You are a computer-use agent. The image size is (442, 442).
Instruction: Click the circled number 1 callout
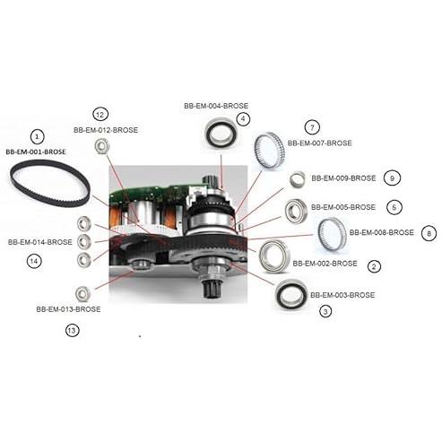click(37, 137)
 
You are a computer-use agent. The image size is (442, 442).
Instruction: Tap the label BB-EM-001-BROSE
click(36, 152)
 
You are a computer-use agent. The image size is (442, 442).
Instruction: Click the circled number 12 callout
click(100, 115)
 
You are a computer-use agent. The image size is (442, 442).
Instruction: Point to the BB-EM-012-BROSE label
click(106, 130)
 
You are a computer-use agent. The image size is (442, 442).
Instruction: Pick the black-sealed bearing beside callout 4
click(221, 134)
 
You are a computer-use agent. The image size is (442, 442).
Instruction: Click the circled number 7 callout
click(312, 127)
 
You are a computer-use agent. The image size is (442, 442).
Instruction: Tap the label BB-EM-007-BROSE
click(319, 143)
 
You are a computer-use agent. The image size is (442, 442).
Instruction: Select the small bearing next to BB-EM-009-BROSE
click(298, 178)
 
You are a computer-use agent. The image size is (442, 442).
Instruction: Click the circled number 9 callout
click(392, 178)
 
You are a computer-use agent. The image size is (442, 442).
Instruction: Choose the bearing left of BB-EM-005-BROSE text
click(296, 211)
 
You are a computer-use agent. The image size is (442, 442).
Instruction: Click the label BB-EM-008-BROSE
click(382, 232)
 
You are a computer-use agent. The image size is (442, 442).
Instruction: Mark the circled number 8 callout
click(429, 233)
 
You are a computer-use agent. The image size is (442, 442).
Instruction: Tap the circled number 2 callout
click(374, 266)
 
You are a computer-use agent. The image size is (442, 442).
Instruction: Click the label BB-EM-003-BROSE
click(342, 295)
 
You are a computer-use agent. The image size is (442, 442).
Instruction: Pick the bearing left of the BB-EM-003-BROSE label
click(291, 295)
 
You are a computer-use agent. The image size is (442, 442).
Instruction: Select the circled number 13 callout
click(72, 331)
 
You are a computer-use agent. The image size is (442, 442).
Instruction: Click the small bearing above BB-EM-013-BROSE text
click(82, 294)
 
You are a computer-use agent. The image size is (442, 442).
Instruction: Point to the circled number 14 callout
click(34, 261)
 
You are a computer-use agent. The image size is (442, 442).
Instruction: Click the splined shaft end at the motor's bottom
click(211, 289)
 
